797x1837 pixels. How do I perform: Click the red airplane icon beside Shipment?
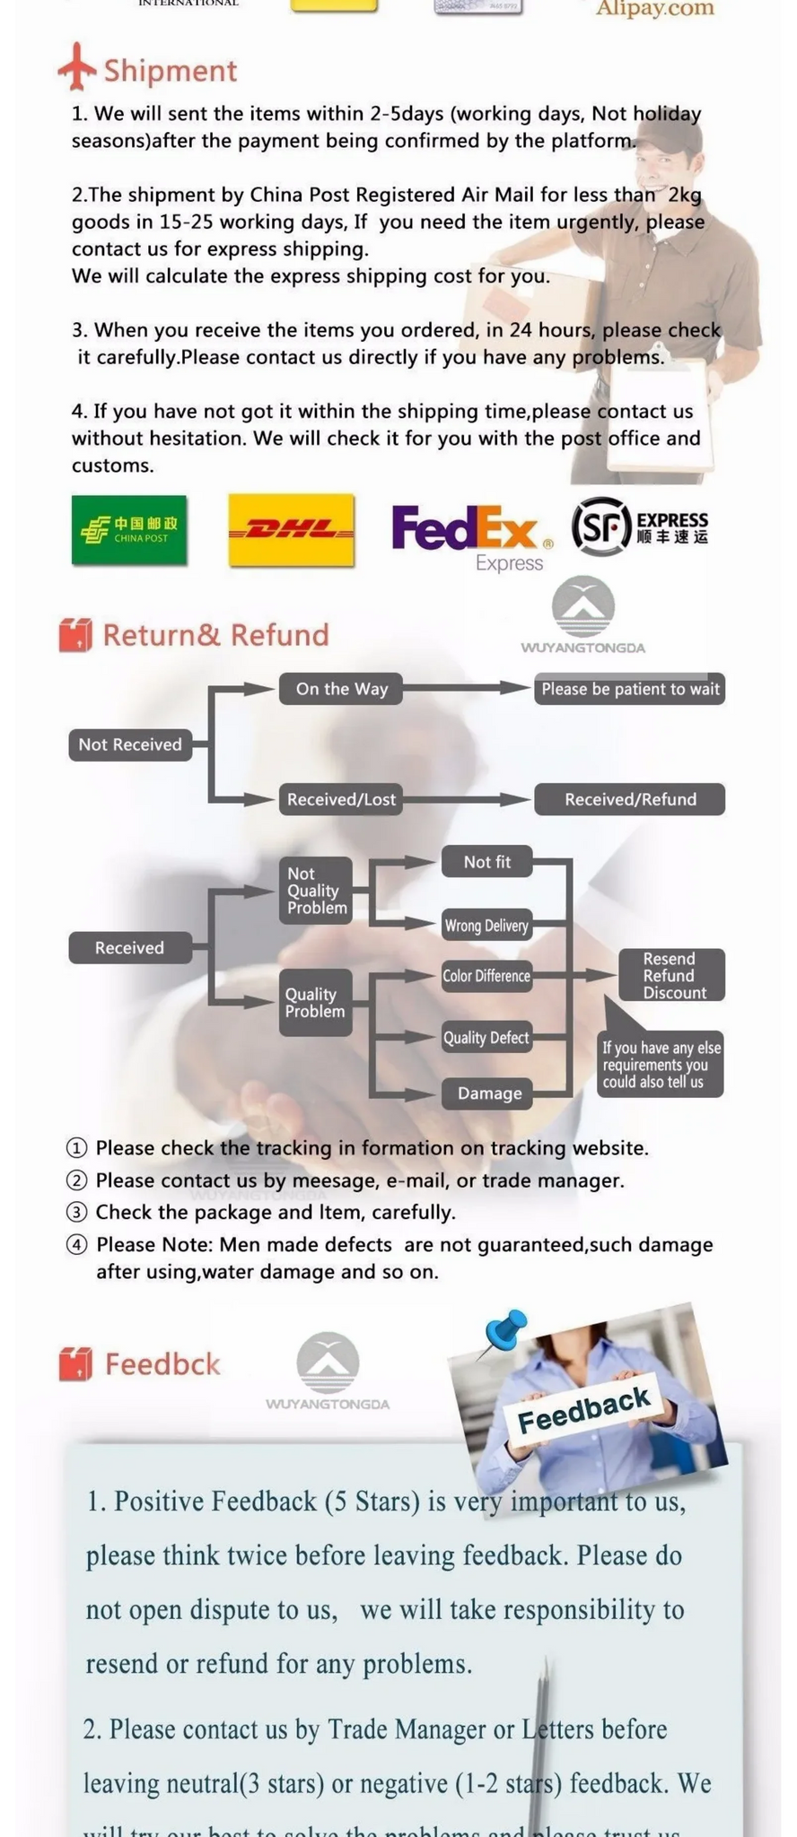point(76,66)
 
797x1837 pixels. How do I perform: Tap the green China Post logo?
point(129,530)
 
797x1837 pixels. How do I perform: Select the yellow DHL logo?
point(291,530)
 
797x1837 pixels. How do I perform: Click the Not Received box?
point(130,744)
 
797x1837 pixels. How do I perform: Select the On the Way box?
point(341,689)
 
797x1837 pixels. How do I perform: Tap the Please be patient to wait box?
point(629,689)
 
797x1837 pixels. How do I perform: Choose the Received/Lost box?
point(341,799)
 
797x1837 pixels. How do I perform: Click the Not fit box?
point(486,862)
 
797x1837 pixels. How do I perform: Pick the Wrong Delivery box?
point(486,926)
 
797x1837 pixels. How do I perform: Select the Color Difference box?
point(486,976)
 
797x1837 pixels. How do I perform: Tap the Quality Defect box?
point(486,1038)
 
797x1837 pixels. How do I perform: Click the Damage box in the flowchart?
point(489,1093)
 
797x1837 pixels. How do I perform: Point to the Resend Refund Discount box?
point(671,975)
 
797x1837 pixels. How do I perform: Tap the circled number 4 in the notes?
point(78,1245)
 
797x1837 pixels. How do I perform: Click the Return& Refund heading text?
point(215,635)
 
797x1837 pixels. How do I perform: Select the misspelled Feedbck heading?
point(162,1364)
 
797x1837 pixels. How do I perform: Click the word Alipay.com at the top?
point(655,9)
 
